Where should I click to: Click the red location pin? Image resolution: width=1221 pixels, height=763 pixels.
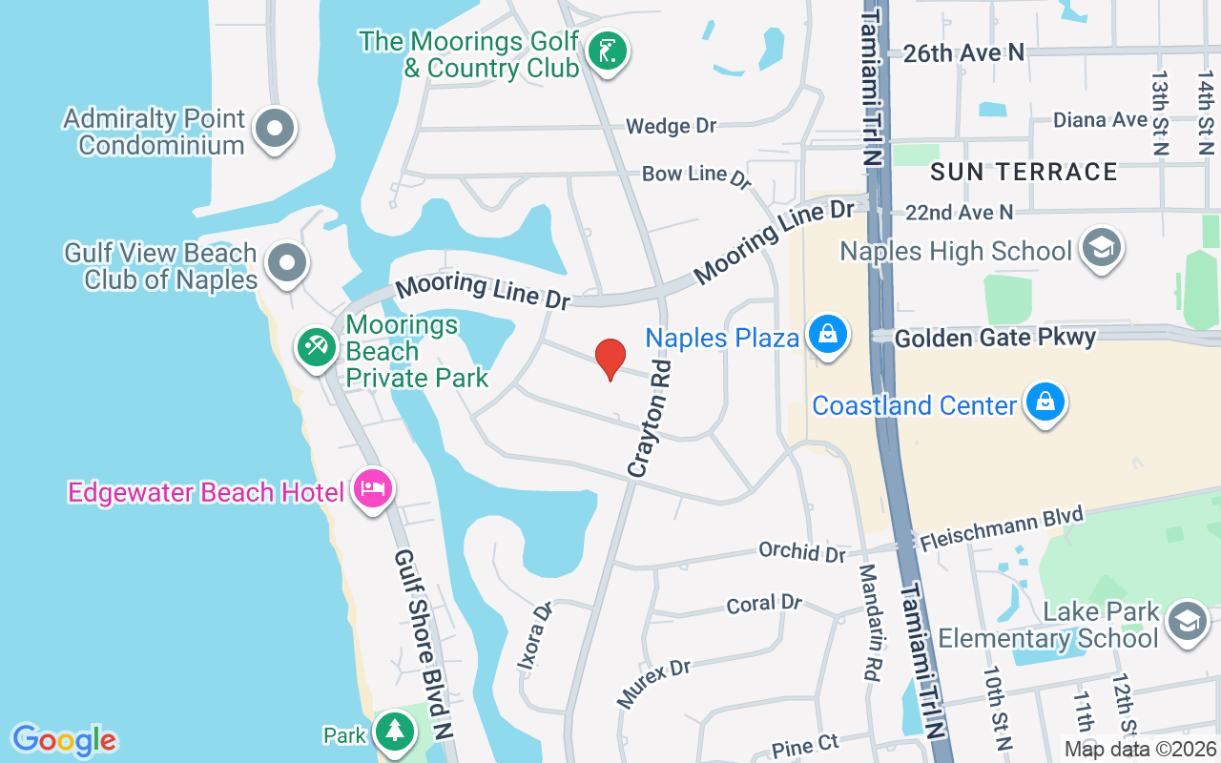tap(610, 358)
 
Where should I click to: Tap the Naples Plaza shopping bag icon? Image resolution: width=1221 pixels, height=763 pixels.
tap(827, 335)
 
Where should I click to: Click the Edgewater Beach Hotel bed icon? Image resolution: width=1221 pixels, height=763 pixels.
tap(372, 488)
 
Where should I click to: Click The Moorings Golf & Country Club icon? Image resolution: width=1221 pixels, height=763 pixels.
tap(607, 51)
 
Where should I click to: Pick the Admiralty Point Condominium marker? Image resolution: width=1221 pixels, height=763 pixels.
tap(275, 128)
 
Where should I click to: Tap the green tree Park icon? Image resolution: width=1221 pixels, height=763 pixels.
tap(393, 732)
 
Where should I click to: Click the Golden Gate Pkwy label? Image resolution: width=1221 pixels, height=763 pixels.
tap(996, 337)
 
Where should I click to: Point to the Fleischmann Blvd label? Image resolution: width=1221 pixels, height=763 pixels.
tap(1002, 527)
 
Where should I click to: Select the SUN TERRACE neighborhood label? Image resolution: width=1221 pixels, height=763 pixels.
tap(1024, 172)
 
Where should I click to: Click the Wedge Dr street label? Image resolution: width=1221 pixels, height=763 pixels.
tap(671, 126)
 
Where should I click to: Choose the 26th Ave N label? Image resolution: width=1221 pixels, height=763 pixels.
tap(963, 53)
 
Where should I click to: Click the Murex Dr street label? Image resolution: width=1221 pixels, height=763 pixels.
tap(653, 684)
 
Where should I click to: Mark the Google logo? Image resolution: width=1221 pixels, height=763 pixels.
tap(64, 739)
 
